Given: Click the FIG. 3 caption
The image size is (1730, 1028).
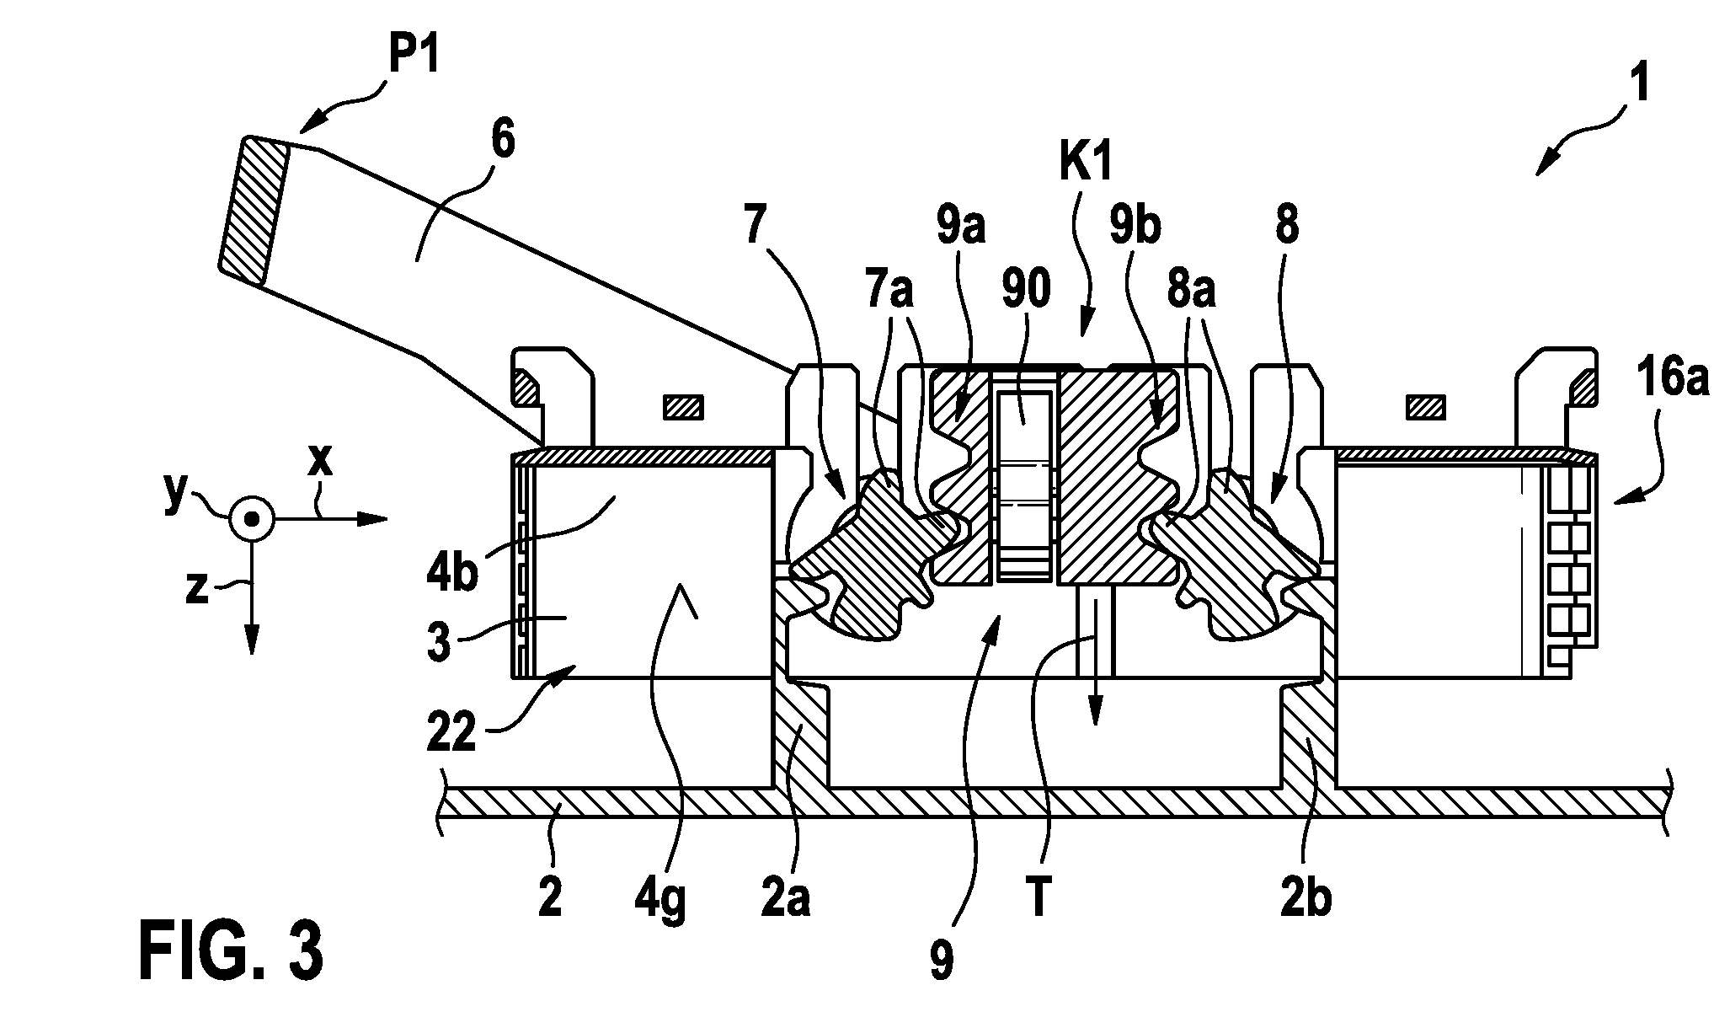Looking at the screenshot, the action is tap(231, 950).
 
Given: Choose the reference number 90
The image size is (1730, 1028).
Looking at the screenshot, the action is tap(1026, 290).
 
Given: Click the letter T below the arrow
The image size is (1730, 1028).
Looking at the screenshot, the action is tap(1039, 898).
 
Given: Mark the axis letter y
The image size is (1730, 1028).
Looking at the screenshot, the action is tap(176, 496).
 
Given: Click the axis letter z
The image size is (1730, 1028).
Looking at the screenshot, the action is tap(197, 588).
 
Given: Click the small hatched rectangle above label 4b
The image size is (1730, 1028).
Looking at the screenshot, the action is tap(683, 409).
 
